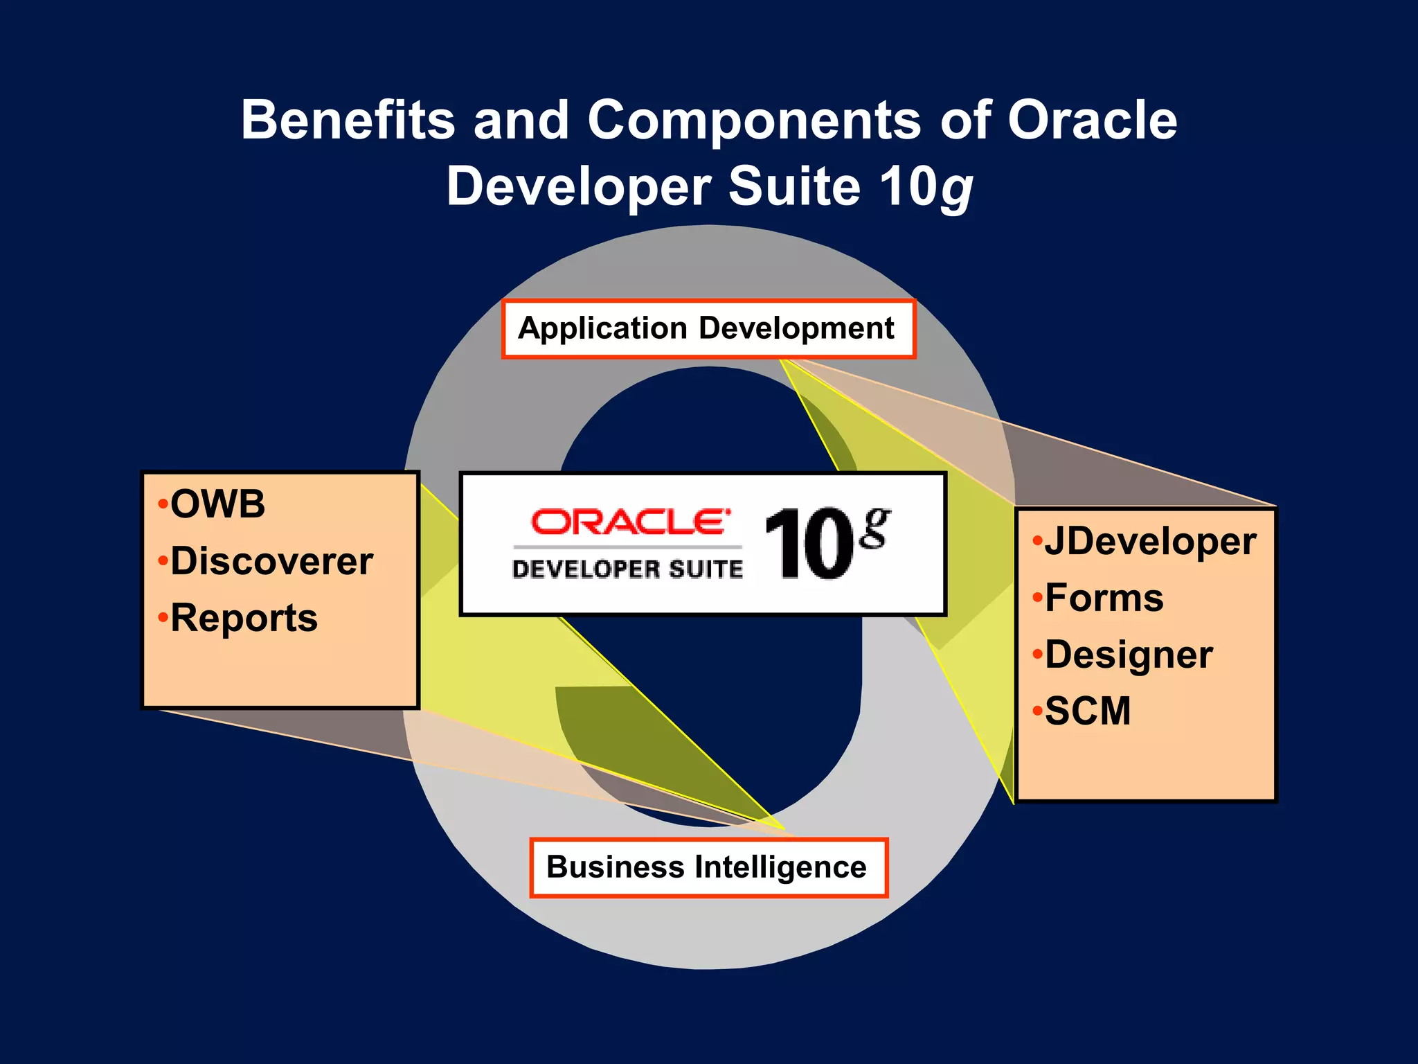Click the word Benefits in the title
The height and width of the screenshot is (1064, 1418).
tap(348, 120)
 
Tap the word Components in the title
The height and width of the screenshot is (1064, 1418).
tap(754, 120)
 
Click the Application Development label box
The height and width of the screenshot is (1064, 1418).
tap(708, 329)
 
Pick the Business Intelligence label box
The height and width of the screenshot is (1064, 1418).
tap(708, 868)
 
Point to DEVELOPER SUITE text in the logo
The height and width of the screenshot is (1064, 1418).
tap(627, 569)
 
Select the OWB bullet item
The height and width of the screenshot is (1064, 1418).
tap(217, 504)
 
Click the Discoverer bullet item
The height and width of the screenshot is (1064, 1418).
tap(271, 561)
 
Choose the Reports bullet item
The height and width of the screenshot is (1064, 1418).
tap(244, 618)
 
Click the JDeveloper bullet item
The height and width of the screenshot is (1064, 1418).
tap(1149, 542)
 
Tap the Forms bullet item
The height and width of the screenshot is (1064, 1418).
tap(1104, 598)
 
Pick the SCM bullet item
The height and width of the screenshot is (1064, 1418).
tap(1087, 711)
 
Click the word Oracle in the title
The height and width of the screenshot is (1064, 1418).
tap(1092, 120)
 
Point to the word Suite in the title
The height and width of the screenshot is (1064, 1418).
tap(794, 187)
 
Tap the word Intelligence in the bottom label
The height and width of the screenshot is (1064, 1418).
tap(780, 867)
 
